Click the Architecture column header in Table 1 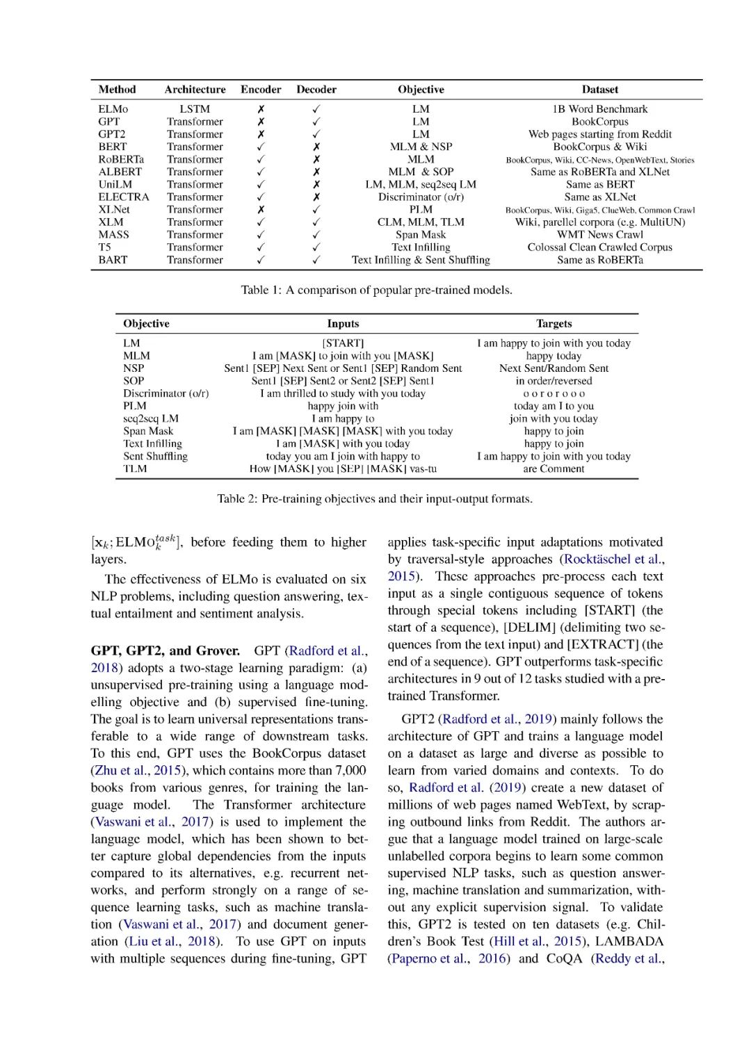(x=195, y=90)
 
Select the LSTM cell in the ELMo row (x=195, y=109)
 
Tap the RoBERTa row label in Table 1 (x=121, y=159)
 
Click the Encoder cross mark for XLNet (x=261, y=209)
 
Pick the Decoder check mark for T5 (x=316, y=247)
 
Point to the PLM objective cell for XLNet (x=421, y=209)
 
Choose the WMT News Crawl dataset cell (x=599, y=234)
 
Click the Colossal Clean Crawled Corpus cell (x=599, y=247)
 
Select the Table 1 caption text (x=376, y=290)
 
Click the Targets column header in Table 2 (x=554, y=324)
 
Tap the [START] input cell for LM (x=343, y=343)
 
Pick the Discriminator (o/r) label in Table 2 (x=165, y=393)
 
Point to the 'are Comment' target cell (x=554, y=468)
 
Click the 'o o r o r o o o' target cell (x=554, y=393)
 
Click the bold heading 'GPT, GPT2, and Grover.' (x=165, y=651)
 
